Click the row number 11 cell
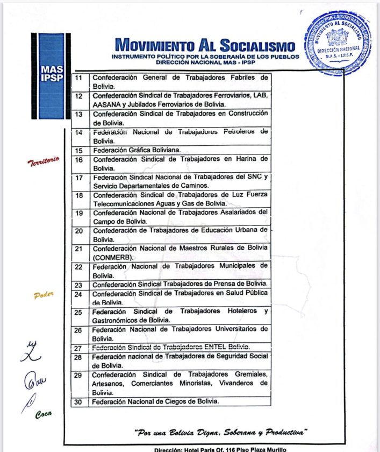(x=79, y=78)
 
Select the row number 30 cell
(x=78, y=401)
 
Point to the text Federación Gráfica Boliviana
(x=137, y=150)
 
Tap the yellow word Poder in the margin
(x=44, y=295)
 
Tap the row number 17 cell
(x=79, y=178)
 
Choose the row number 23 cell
(x=78, y=285)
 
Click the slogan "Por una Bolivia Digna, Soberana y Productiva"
(x=220, y=432)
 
